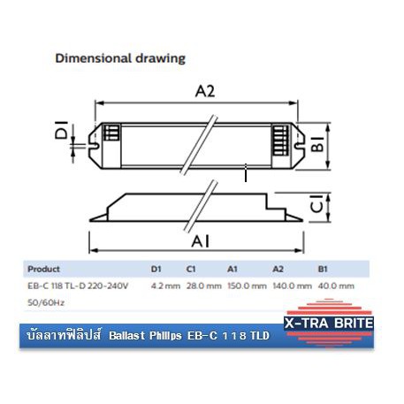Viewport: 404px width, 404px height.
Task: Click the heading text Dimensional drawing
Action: coord(120,58)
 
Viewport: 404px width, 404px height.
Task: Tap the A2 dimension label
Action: coord(205,91)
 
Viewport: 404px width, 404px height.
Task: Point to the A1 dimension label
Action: coord(201,241)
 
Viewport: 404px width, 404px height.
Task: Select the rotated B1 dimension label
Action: coord(317,144)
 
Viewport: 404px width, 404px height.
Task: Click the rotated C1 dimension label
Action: coord(317,203)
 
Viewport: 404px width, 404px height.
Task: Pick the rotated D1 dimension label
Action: coord(62,130)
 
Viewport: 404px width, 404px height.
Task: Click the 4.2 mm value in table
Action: coord(165,286)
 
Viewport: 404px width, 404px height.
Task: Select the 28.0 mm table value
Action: coord(204,286)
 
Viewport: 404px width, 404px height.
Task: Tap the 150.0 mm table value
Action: coord(247,286)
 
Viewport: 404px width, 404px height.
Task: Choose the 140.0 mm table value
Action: coord(293,286)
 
